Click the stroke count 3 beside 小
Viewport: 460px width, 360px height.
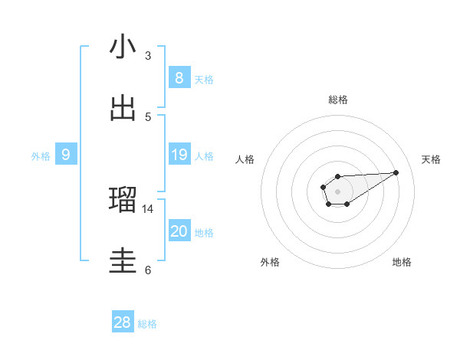148,56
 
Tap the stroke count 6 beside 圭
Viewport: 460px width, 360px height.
148,270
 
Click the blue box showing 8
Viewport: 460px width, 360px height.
179,78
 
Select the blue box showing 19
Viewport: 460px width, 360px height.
179,155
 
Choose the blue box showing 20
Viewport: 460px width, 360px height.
179,231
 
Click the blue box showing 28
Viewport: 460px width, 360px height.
123,322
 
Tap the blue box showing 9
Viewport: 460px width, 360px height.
66,155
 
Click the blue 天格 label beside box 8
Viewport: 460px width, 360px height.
204,80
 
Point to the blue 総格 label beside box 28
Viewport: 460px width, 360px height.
147,324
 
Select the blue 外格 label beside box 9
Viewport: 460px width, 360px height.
41,156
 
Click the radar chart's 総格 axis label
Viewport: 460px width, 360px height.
337,100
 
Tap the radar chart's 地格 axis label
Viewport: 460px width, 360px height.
402,262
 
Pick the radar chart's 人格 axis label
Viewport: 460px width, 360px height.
245,159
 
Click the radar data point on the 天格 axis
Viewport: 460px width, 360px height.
396,172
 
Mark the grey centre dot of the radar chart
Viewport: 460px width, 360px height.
337,191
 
